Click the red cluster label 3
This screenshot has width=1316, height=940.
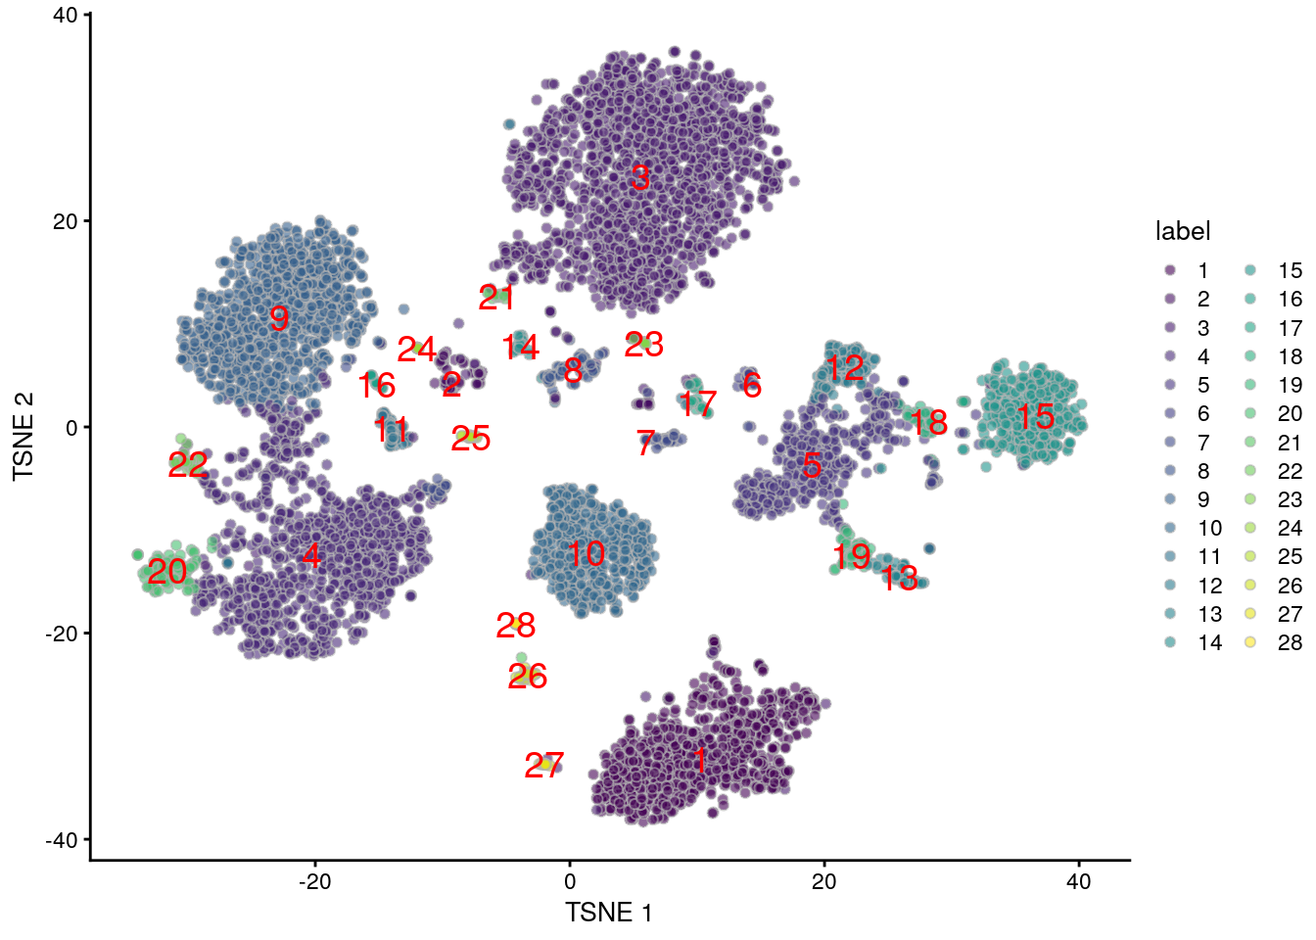(640, 178)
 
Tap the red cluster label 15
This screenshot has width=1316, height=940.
(1035, 417)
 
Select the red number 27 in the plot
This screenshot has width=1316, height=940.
(544, 766)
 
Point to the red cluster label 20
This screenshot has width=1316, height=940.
(167, 571)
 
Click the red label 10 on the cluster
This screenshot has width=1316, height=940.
(586, 554)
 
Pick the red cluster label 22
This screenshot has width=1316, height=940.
(187, 465)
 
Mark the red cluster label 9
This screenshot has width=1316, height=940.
(279, 318)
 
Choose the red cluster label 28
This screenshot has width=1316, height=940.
(516, 626)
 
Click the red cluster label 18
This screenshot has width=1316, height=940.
(928, 422)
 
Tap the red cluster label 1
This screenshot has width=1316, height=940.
(699, 761)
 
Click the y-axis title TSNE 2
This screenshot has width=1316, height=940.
(23, 437)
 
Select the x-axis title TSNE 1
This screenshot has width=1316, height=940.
(608, 913)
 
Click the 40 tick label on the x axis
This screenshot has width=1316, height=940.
(1078, 881)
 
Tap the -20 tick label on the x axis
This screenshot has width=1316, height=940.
(314, 881)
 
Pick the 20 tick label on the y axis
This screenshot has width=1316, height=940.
(66, 221)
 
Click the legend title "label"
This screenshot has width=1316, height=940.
(1183, 231)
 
